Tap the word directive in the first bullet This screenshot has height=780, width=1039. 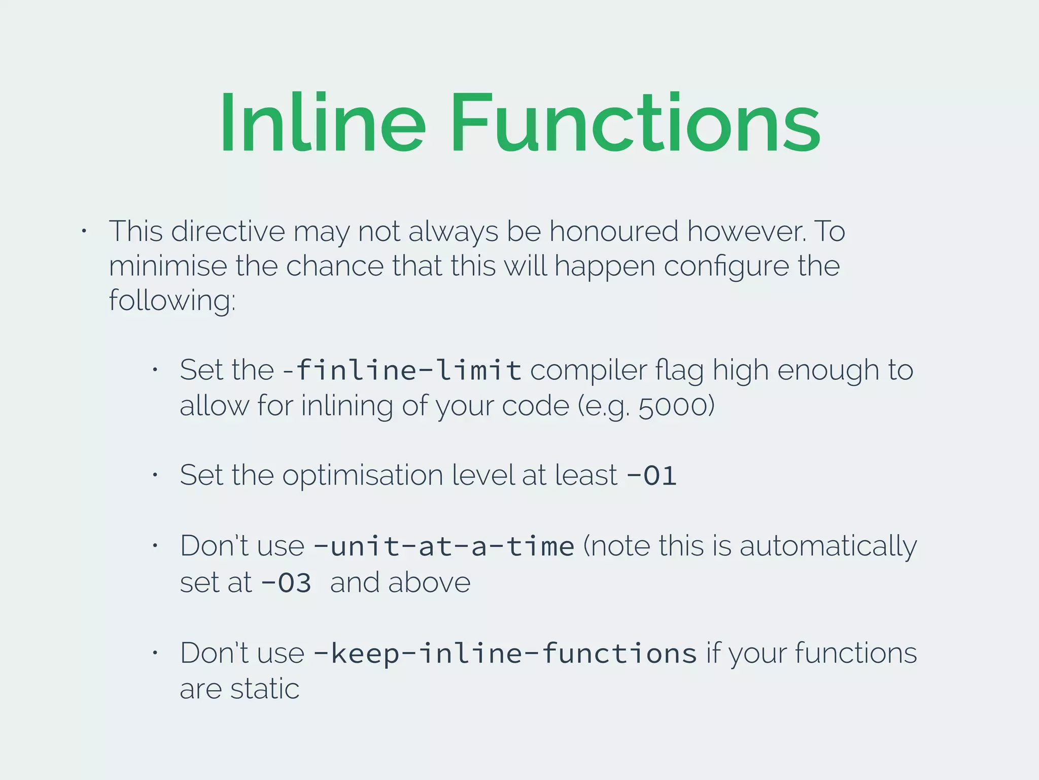(x=228, y=231)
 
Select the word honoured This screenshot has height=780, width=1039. (x=614, y=231)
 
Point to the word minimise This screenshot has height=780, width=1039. (x=168, y=266)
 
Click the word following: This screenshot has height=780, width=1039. (x=172, y=301)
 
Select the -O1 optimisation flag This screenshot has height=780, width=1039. (x=652, y=476)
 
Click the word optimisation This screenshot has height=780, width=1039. (x=363, y=476)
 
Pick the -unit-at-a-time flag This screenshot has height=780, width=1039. (x=444, y=546)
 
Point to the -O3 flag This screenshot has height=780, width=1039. (x=286, y=582)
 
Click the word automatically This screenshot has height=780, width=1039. (x=828, y=546)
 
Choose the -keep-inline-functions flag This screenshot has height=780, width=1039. (x=505, y=653)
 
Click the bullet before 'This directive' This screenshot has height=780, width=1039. (x=84, y=232)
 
